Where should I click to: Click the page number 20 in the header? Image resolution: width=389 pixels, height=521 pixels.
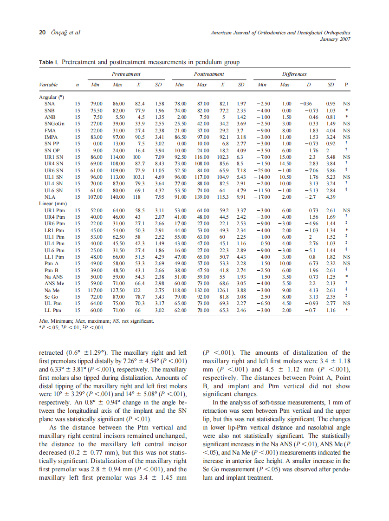pos(41,33)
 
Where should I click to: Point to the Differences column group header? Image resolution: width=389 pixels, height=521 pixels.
pos(295,74)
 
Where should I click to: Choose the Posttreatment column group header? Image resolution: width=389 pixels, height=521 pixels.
pos(209,74)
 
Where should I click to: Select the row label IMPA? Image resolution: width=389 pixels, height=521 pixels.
pos(51,137)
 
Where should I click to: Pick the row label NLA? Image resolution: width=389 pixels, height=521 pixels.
pos(50,197)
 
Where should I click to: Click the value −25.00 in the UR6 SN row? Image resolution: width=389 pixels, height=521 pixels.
pos(262,170)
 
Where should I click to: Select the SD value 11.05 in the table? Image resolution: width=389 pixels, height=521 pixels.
pos(158,170)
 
